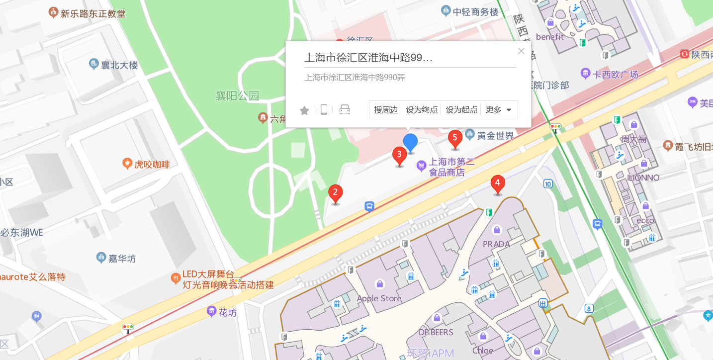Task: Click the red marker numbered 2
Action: (x=336, y=192)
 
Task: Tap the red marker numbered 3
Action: (x=399, y=155)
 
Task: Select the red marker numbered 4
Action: (x=498, y=183)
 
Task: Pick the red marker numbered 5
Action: (x=455, y=138)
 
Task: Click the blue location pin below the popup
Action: (x=410, y=142)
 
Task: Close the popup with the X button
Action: (x=521, y=51)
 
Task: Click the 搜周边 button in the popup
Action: (x=386, y=110)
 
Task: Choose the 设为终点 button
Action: (x=422, y=110)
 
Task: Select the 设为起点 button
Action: (x=461, y=110)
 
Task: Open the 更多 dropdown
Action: (x=499, y=110)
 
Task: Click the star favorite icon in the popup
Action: (x=304, y=110)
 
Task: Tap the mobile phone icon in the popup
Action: (x=324, y=110)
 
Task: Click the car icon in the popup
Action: (x=345, y=110)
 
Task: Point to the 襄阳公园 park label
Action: (x=237, y=95)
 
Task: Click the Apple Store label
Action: (x=379, y=298)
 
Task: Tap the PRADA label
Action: (x=496, y=244)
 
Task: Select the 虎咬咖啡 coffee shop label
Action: (x=152, y=164)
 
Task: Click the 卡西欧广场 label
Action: (x=616, y=75)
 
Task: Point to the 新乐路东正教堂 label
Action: (x=92, y=13)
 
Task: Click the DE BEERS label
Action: (x=436, y=332)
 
